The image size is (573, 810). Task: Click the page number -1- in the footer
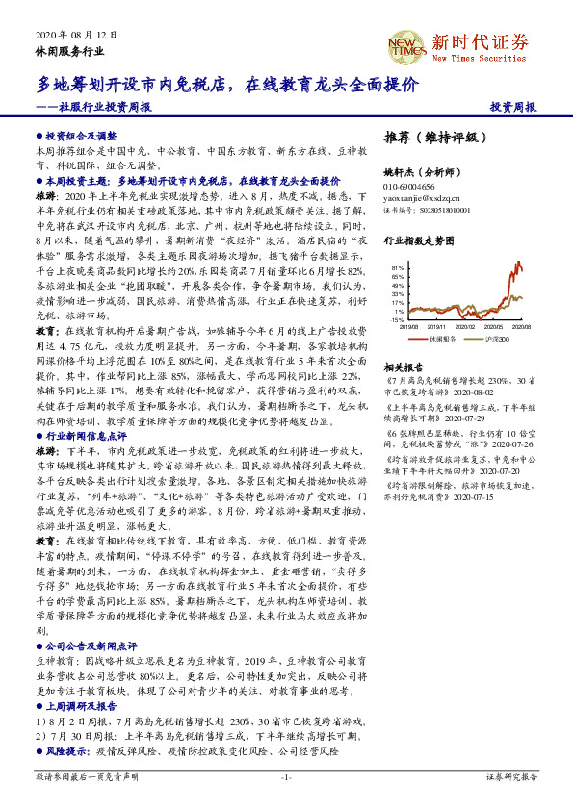286,776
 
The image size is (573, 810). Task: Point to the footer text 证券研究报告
510,776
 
